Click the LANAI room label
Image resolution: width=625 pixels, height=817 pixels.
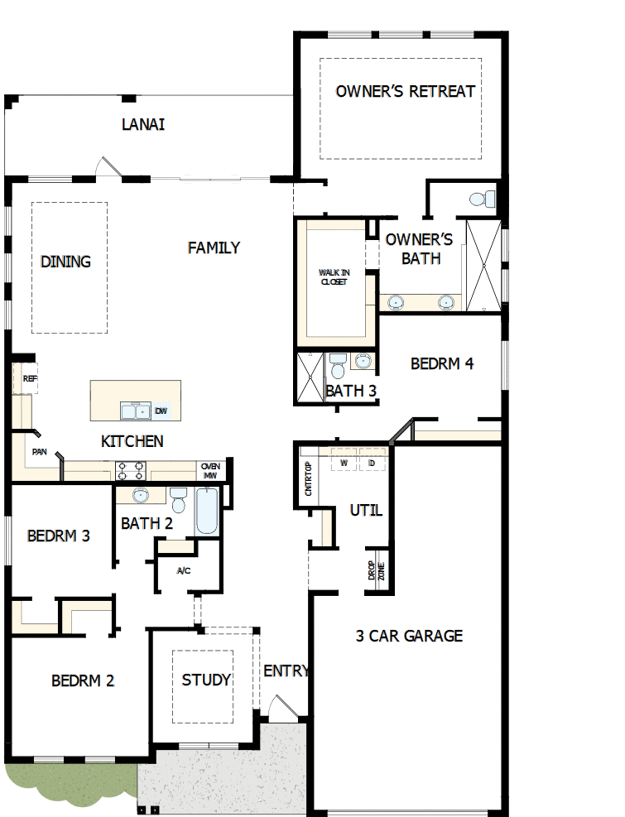point(143,124)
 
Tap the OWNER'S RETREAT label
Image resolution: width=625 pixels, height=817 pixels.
point(406,91)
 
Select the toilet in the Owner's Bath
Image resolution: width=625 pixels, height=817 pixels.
point(482,199)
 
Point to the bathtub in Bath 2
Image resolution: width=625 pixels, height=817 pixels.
point(207,512)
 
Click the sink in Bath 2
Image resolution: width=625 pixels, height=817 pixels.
point(140,496)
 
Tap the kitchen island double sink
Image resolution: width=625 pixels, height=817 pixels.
point(136,411)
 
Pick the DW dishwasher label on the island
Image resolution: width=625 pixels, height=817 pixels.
point(161,411)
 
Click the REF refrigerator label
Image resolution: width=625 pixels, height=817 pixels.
point(30,378)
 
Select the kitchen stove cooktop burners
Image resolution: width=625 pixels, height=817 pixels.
point(131,471)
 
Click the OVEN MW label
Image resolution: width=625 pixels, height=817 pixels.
point(209,470)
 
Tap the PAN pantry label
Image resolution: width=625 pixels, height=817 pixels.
point(39,452)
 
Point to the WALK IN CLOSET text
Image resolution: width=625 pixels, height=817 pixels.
point(333,276)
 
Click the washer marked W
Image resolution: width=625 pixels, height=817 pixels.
point(344,462)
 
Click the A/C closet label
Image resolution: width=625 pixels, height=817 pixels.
point(184,570)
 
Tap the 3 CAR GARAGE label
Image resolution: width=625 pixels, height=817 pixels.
point(409,636)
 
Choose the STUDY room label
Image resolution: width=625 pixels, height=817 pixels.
point(206,680)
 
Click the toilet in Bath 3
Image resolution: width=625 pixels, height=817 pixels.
point(337,365)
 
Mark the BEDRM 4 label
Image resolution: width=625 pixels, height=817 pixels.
point(442,363)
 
